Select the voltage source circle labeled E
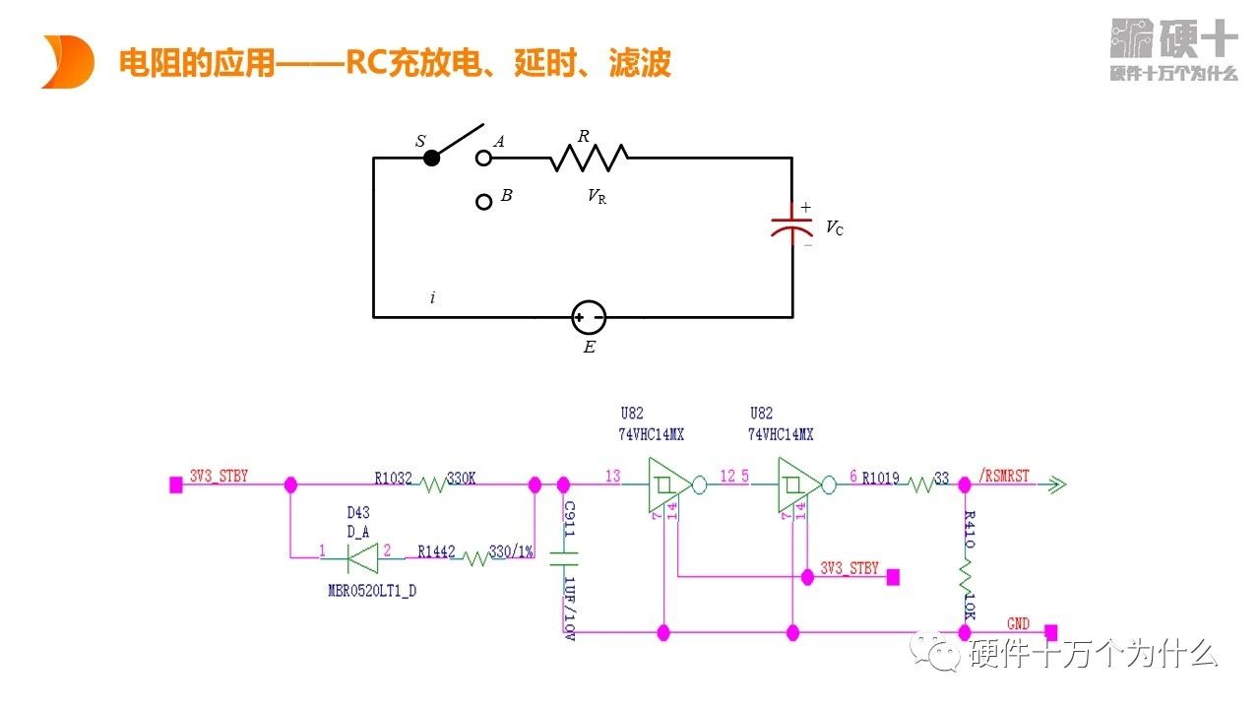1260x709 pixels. pyautogui.click(x=589, y=317)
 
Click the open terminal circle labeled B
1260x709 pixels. pyautogui.click(x=483, y=202)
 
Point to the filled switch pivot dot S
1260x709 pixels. pyautogui.click(x=431, y=158)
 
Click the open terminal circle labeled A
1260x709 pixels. pyautogui.click(x=483, y=158)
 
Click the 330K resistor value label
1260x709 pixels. pyautogui.click(x=462, y=478)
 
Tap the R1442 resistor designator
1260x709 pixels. pyautogui.click(x=436, y=552)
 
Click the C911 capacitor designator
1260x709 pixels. pyautogui.click(x=570, y=518)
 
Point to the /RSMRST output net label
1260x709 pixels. pyautogui.click(x=1003, y=477)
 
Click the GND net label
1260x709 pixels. pyautogui.click(x=1018, y=624)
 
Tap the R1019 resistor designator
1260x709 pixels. pyautogui.click(x=881, y=479)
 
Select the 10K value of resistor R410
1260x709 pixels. pyautogui.click(x=970, y=604)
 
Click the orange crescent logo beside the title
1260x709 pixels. pyautogui.click(x=68, y=61)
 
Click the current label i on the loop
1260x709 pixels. pyautogui.click(x=432, y=297)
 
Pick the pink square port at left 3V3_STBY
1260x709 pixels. pyautogui.click(x=176, y=484)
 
